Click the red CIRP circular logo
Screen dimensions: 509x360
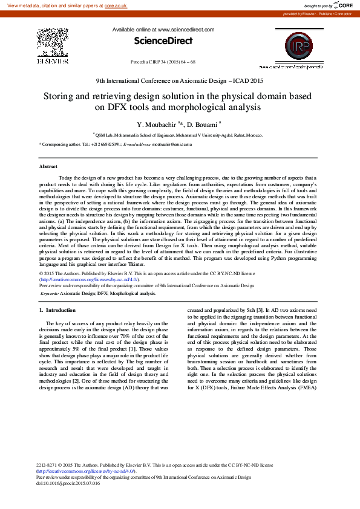click(294, 46)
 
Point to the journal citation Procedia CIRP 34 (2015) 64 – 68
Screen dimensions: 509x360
click(163, 62)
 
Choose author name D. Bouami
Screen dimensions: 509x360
click(201, 125)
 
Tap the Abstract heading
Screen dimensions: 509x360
click(48, 166)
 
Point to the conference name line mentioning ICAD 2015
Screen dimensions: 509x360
click(180, 81)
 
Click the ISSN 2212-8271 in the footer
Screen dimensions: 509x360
click(48, 465)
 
